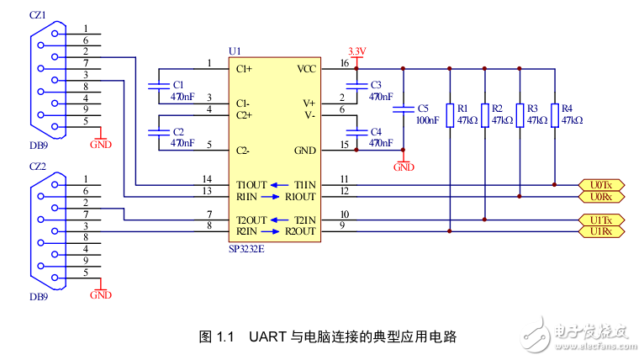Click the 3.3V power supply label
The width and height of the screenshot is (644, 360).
pyautogui.click(x=356, y=52)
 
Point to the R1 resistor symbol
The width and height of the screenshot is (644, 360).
pyautogui.click(x=450, y=114)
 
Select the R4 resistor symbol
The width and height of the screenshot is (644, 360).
pyautogui.click(x=554, y=114)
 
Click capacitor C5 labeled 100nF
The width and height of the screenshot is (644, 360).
pyautogui.click(x=404, y=109)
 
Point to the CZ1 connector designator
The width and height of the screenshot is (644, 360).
pyautogui.click(x=39, y=14)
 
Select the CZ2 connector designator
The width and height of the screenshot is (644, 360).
pyautogui.click(x=39, y=167)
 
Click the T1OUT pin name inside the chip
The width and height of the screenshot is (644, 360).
pyautogui.click(x=251, y=185)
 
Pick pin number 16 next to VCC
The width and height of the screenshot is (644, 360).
pyautogui.click(x=344, y=64)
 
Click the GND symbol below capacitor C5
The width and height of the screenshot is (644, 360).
pyautogui.click(x=404, y=167)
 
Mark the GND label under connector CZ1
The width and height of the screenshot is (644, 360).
pyautogui.click(x=100, y=144)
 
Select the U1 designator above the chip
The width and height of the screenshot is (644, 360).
pyautogui.click(x=235, y=51)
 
